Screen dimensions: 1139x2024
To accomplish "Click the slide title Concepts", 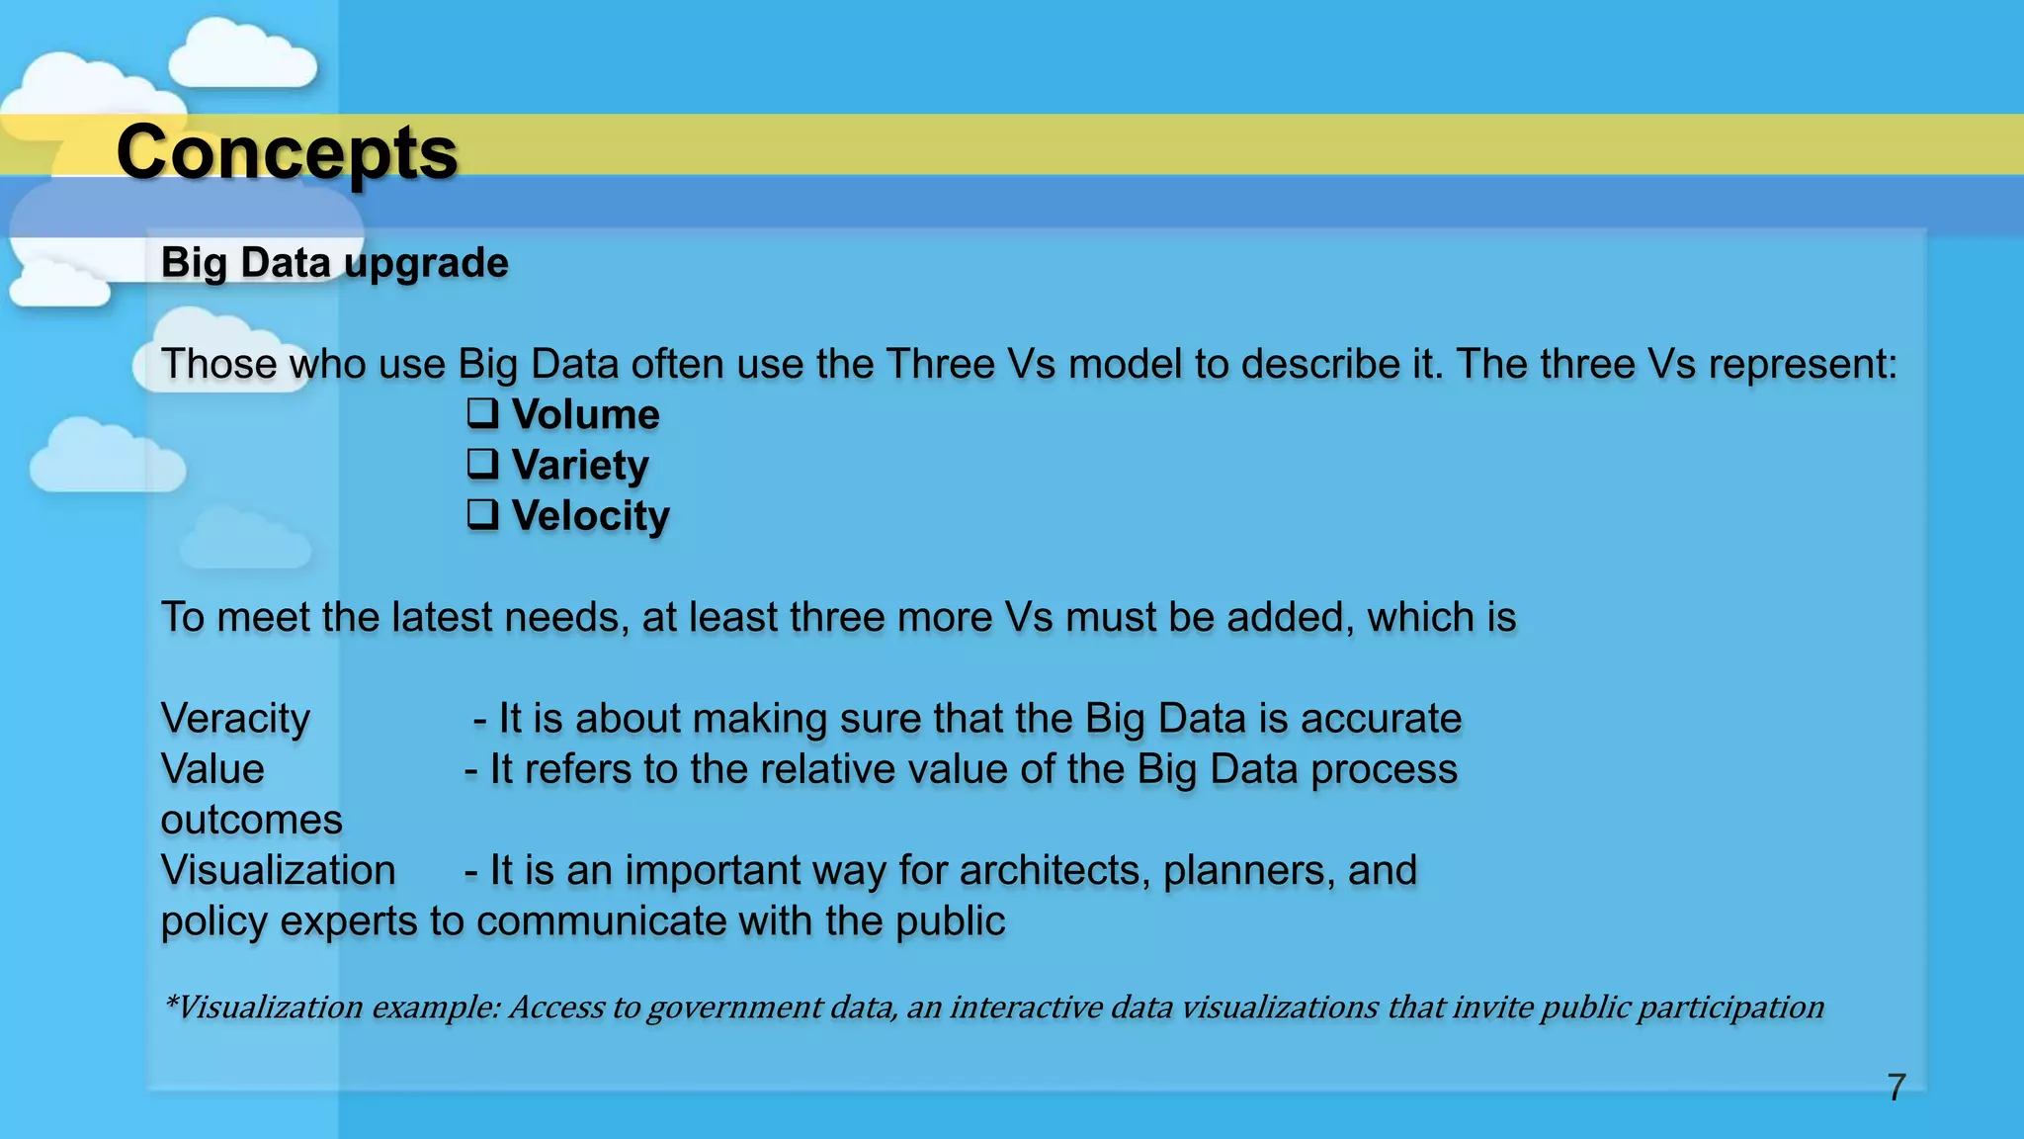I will click(287, 153).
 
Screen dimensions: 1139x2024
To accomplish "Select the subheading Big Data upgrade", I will click(334, 263).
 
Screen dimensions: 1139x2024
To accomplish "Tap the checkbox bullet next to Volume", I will click(482, 413).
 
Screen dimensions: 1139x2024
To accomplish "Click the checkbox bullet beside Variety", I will click(482, 464).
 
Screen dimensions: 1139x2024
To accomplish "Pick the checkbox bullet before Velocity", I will click(482, 514).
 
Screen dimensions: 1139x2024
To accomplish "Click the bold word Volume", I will click(585, 414).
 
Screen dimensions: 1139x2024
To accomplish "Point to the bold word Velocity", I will click(590, 515).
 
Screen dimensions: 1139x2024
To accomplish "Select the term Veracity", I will click(235, 719).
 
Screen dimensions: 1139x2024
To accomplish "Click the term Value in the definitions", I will click(212, 769).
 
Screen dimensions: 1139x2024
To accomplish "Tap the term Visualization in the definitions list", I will click(278, 871).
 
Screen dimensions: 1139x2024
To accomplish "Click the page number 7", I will click(1896, 1088).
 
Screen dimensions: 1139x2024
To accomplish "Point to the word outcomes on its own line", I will click(251, 820).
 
